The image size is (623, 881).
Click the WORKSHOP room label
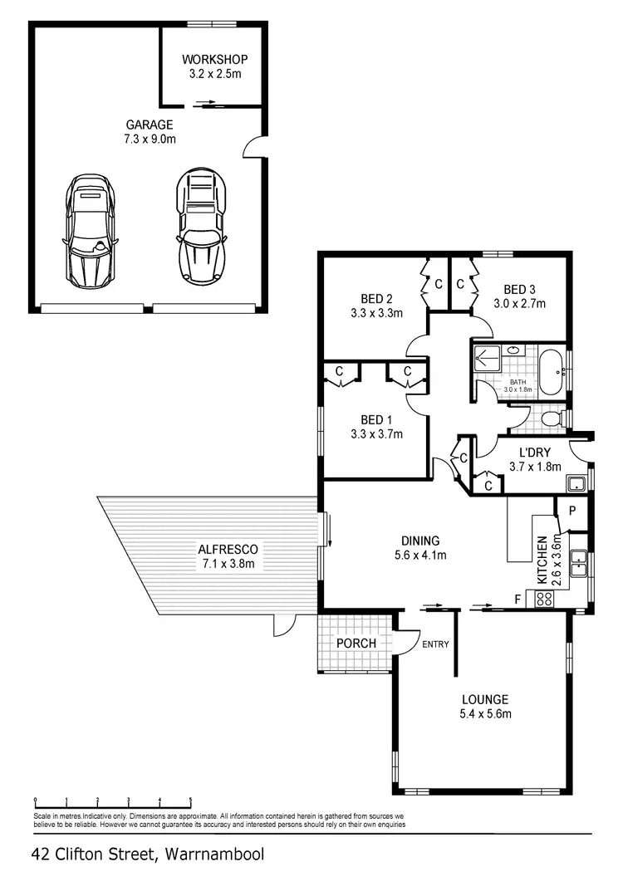point(214,60)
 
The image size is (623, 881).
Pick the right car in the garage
point(200,226)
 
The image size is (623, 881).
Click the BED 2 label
point(376,299)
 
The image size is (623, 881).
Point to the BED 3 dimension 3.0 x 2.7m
point(519,303)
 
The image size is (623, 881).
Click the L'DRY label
point(535,453)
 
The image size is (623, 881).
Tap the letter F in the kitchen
point(518,598)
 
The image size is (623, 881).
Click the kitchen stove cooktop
point(545,598)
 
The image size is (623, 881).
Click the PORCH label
point(356,644)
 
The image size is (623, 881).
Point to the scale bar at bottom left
point(113,802)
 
